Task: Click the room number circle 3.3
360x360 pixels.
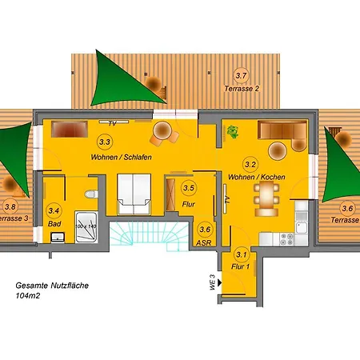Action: [x=105, y=142]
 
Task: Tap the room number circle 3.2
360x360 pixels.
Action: [x=250, y=165]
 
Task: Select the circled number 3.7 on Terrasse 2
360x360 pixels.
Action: [x=241, y=76]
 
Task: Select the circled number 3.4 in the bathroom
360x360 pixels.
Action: [x=54, y=210]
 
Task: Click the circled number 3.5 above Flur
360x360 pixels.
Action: [x=189, y=188]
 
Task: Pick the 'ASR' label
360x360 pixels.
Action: [x=205, y=242]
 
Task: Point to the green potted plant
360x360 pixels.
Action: [x=234, y=130]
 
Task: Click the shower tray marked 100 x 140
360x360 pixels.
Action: [x=85, y=229]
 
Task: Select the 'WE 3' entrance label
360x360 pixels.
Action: [x=204, y=282]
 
